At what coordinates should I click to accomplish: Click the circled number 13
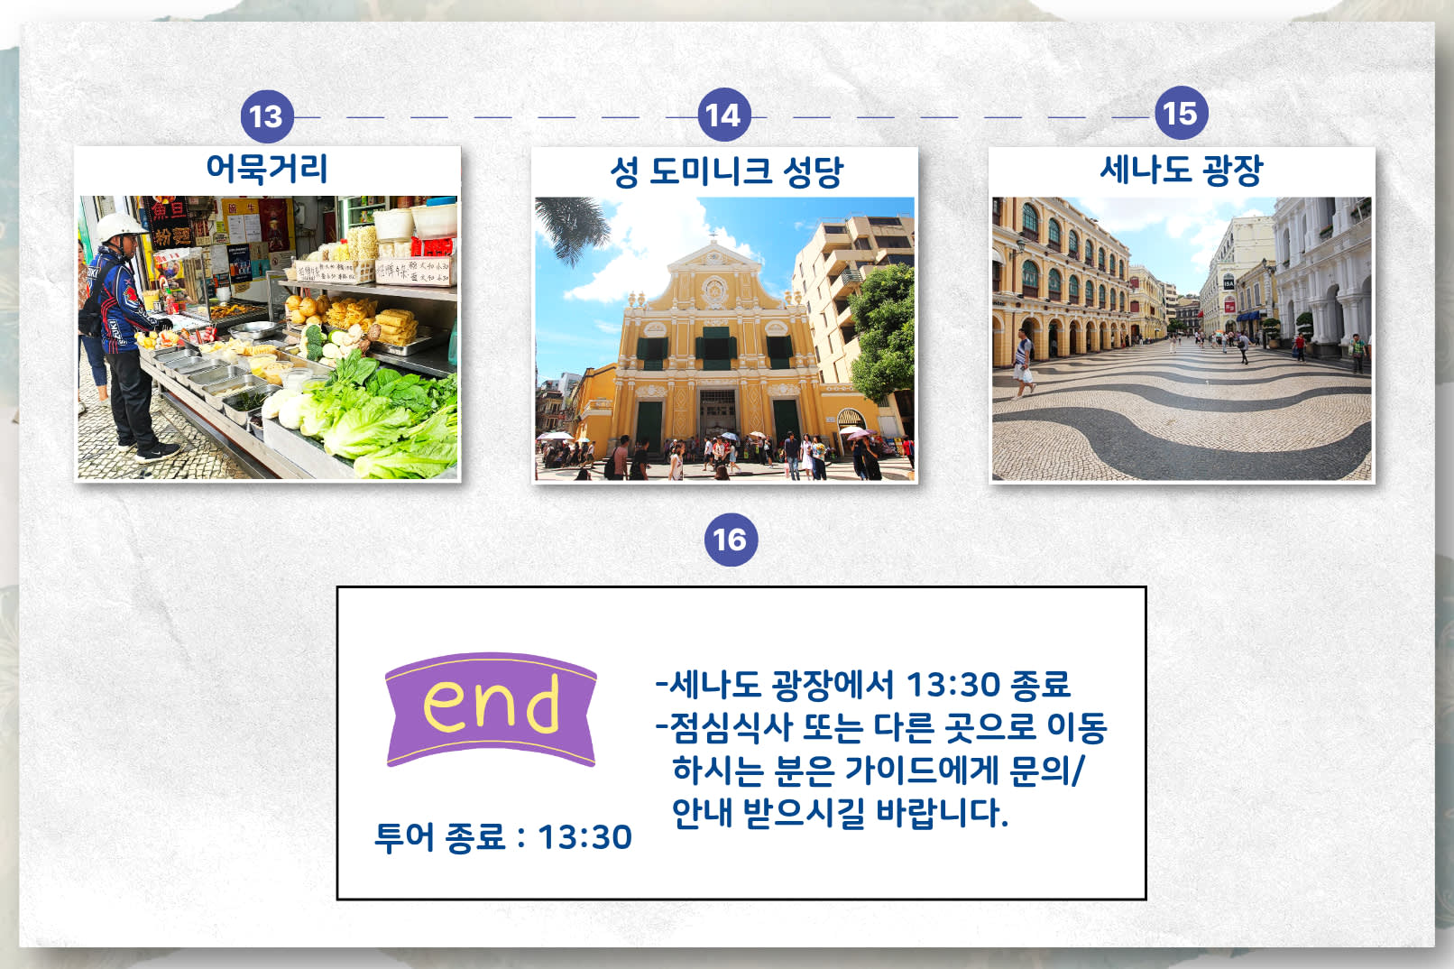tap(267, 117)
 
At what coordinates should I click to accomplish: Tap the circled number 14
tap(723, 115)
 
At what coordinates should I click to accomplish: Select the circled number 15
tap(1181, 113)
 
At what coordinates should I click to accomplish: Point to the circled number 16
tap(731, 540)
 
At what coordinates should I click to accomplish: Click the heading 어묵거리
tap(267, 168)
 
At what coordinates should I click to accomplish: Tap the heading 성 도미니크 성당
tap(726, 172)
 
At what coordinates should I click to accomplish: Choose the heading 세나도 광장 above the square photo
tap(1182, 171)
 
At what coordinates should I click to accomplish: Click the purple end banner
tap(491, 709)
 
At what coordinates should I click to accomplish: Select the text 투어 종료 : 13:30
tap(503, 836)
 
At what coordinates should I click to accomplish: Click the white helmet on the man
tap(120, 226)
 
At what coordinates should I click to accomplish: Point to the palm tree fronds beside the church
tap(571, 227)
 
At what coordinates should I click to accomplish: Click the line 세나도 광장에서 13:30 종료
tap(862, 685)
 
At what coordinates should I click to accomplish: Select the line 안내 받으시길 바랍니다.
tap(840, 813)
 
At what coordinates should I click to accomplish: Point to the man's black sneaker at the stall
tap(158, 452)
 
